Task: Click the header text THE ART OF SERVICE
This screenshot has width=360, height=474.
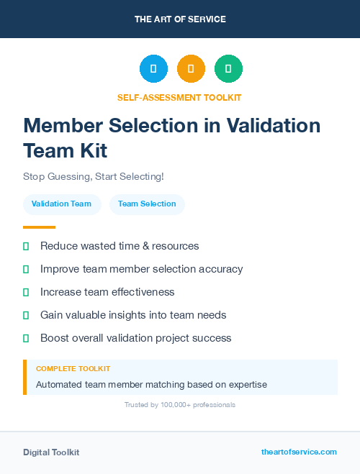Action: coord(180,19)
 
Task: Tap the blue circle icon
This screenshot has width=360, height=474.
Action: coord(153,69)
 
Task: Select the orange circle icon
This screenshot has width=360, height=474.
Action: coord(191,69)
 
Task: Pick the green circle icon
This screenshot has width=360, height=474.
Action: coord(228,69)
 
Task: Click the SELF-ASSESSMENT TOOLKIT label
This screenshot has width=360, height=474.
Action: coord(180,97)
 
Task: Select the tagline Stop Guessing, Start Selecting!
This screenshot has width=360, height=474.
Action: coord(94,176)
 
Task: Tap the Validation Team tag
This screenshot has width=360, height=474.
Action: coord(61,204)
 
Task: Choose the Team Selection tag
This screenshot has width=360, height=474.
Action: coord(147,204)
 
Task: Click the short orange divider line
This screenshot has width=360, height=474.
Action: coord(39,227)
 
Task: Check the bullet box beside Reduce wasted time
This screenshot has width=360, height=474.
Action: coord(26,246)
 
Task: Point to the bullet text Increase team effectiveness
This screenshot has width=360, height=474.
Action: coord(107,292)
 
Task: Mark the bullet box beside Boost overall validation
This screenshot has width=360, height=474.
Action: coord(26,338)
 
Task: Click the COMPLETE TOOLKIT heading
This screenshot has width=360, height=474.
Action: coord(73,368)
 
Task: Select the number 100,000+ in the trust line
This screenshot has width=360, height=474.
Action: coord(176,405)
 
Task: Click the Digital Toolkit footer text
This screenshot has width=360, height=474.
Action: coord(51,452)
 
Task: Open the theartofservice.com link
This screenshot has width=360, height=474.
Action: coord(299,452)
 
